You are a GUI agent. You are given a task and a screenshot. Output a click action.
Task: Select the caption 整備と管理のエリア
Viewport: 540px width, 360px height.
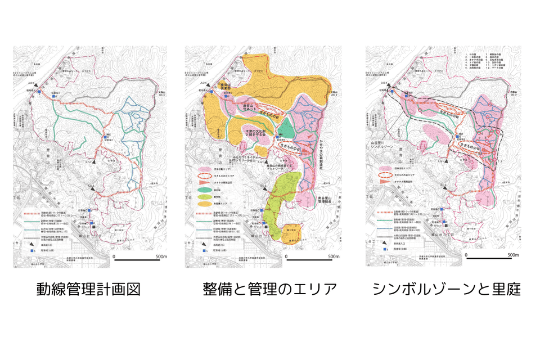click(x=270, y=290)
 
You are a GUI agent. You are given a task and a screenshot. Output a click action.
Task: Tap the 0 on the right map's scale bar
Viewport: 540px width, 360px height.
click(x=466, y=255)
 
